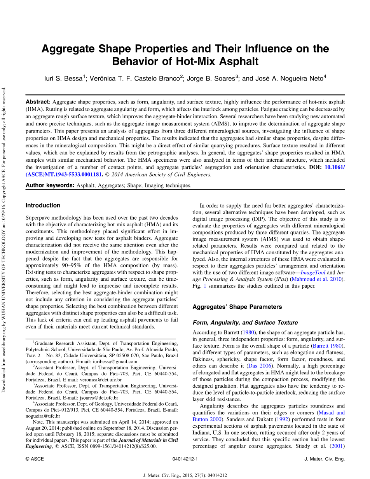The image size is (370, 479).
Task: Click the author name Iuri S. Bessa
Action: click(63, 78)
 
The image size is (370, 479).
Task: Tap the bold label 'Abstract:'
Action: click(38, 101)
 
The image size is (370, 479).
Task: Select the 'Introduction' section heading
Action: click(43, 205)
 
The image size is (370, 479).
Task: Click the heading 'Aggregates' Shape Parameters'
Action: click(237, 307)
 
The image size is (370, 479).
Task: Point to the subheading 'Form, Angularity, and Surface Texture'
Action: click(245, 322)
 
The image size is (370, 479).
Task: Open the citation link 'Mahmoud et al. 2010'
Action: click(316, 279)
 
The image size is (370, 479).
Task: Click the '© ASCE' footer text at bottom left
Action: click(35, 459)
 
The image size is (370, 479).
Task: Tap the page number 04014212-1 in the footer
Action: click(185, 459)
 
